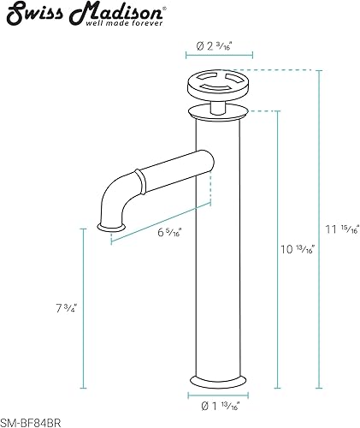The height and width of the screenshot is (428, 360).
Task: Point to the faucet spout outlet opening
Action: click(x=112, y=228)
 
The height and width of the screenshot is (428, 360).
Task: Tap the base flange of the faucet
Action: click(x=219, y=381)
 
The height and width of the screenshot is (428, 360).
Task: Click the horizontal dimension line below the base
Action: click(x=219, y=397)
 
